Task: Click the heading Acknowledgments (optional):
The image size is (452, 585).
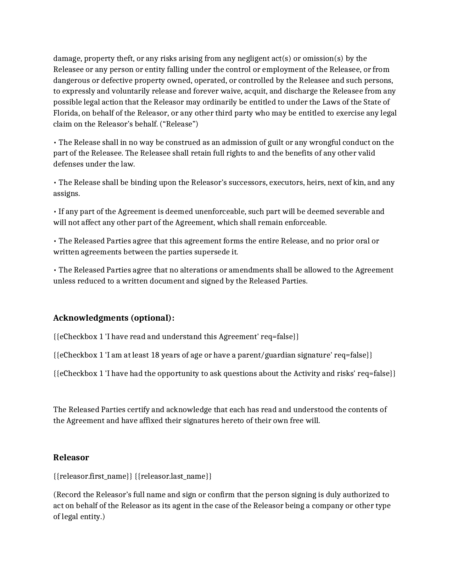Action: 113,318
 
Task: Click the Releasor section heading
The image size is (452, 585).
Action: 71,457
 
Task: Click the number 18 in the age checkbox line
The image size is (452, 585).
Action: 155,355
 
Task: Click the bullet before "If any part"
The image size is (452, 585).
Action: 55,212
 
